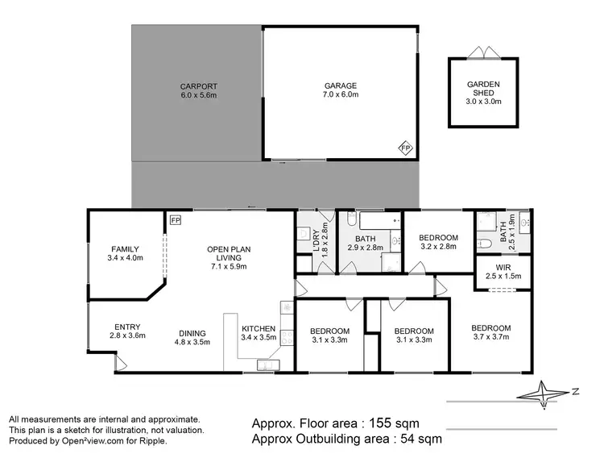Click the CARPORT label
click(197, 90)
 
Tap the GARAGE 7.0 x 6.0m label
click(341, 90)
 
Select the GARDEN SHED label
click(484, 93)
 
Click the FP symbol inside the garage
click(406, 148)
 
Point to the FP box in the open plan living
click(175, 219)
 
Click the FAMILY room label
click(125, 253)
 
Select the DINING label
click(192, 337)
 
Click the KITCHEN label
click(259, 334)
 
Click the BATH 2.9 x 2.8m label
click(366, 243)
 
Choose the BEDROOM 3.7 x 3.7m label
click(491, 333)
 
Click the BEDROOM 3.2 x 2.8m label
click(438, 243)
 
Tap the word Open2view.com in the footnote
click(83, 440)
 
